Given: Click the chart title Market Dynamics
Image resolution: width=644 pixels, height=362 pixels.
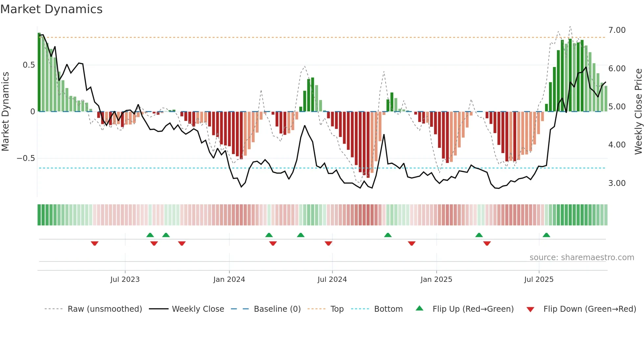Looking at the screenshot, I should (51, 9).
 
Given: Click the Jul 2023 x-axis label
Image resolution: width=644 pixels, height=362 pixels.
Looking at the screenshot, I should (125, 280).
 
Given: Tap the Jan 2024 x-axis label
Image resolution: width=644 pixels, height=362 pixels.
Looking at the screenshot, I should (229, 280).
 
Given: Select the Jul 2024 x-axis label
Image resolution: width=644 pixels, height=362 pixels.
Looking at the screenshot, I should (332, 280).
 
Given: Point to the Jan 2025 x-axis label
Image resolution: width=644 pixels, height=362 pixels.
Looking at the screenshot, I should (436, 280).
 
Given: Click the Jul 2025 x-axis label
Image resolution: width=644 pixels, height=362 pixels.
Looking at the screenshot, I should (539, 280).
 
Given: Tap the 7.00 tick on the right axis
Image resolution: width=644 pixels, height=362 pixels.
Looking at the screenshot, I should (617, 30).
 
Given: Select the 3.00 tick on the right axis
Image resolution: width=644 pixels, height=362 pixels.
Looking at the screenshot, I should (617, 183).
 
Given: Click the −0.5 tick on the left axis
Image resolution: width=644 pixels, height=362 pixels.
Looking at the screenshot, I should (26, 158).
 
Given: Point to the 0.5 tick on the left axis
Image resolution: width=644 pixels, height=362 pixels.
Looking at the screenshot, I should (29, 65).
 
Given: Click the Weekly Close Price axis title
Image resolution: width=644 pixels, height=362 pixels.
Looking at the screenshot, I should (638, 111).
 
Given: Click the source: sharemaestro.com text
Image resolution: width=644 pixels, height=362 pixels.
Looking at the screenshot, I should (582, 258).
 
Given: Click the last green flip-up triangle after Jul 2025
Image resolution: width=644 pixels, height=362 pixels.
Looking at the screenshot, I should (546, 235).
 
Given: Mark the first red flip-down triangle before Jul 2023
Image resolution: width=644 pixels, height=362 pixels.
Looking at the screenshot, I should (95, 243).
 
